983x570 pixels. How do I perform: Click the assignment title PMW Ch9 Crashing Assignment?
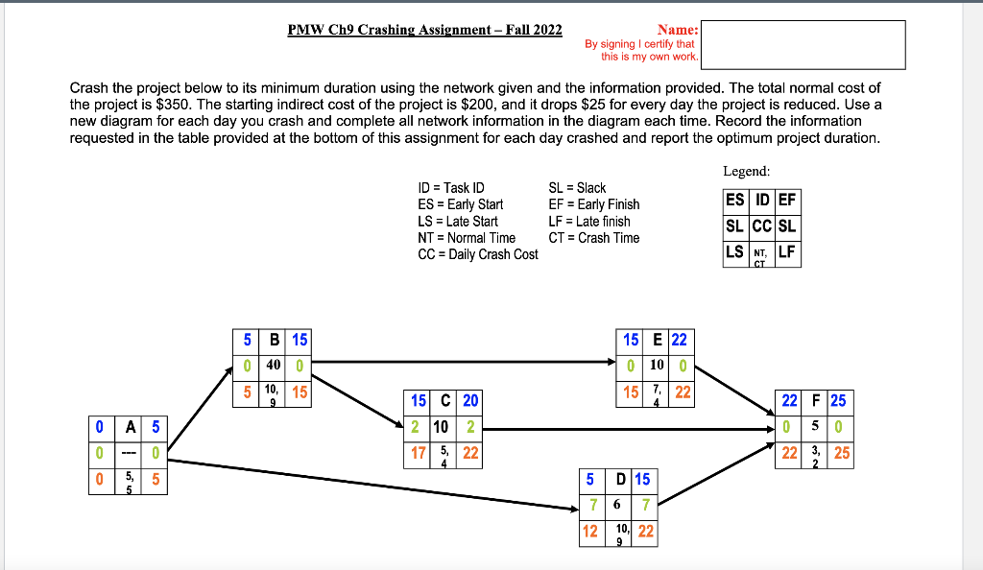point(424,30)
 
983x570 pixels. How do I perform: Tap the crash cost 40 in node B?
point(274,365)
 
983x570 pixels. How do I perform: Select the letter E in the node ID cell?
point(657,340)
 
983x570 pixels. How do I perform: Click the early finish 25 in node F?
point(838,401)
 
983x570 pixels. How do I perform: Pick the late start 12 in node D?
point(590,531)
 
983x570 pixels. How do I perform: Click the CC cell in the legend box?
point(761,226)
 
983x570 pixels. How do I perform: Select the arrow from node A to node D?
point(374,486)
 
